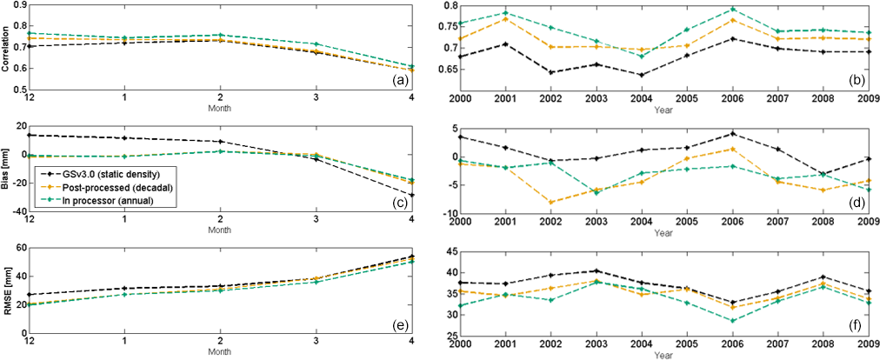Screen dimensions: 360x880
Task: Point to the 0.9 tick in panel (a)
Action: tap(19, 6)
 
